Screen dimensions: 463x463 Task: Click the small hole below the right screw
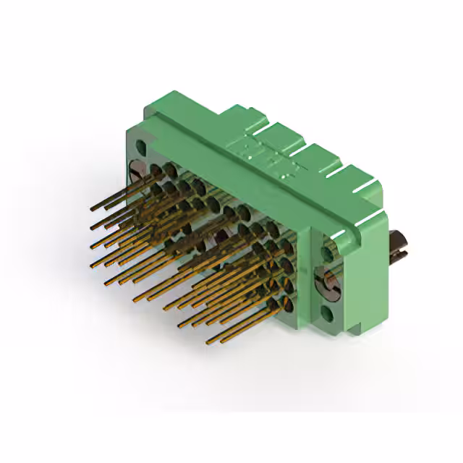328,315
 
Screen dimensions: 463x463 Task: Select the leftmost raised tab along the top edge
242,119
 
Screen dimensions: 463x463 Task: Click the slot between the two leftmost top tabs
262,130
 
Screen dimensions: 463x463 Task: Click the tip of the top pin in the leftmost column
93,209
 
